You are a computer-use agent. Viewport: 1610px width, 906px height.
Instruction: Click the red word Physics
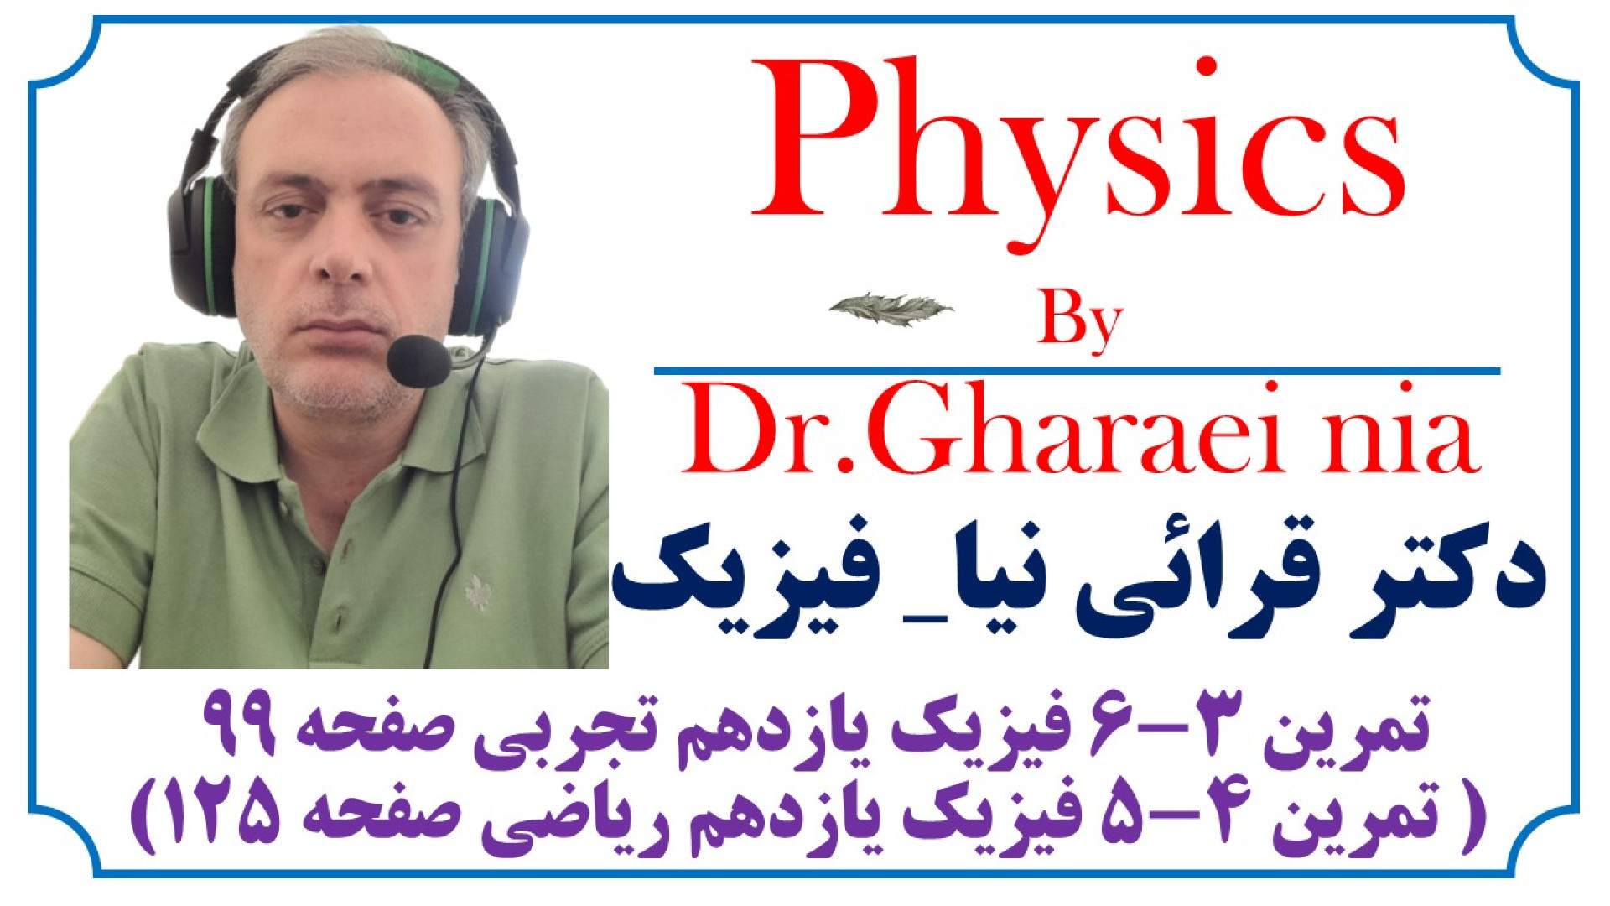point(1078,151)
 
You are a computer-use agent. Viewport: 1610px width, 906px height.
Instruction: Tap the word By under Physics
point(1080,322)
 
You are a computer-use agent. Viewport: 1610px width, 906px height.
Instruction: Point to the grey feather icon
point(891,307)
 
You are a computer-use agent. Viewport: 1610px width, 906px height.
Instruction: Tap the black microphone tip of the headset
point(419,361)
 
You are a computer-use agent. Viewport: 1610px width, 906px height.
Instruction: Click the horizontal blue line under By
point(1077,370)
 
